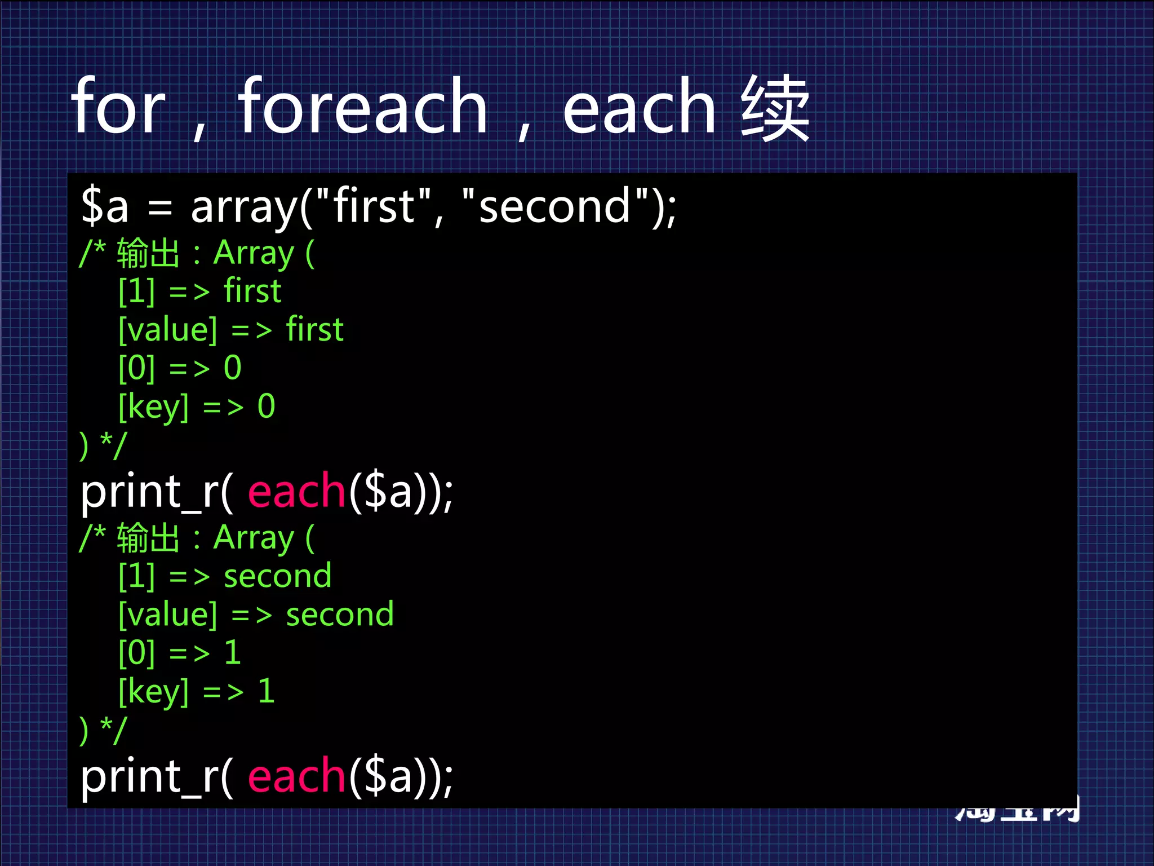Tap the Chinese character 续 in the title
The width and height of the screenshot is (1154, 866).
pos(775,108)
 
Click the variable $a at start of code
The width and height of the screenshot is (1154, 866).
pos(105,206)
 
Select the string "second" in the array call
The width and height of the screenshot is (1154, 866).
pos(554,206)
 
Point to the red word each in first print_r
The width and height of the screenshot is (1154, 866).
pos(296,492)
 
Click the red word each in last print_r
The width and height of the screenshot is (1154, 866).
pos(296,776)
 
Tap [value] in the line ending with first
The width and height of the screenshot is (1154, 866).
pos(168,330)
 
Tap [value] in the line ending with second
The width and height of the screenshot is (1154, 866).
pos(168,615)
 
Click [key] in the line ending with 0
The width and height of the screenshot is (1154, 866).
pos(153,407)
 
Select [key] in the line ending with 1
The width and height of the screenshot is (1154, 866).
pos(153,692)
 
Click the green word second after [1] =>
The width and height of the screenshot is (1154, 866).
pos(278,576)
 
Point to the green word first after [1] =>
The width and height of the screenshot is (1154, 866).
pos(252,291)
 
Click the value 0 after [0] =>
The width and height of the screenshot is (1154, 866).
pos(233,368)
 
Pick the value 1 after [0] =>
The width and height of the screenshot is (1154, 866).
pos(233,653)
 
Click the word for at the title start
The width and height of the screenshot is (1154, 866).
pos(118,107)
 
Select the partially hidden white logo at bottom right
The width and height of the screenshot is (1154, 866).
pos(1017,812)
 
